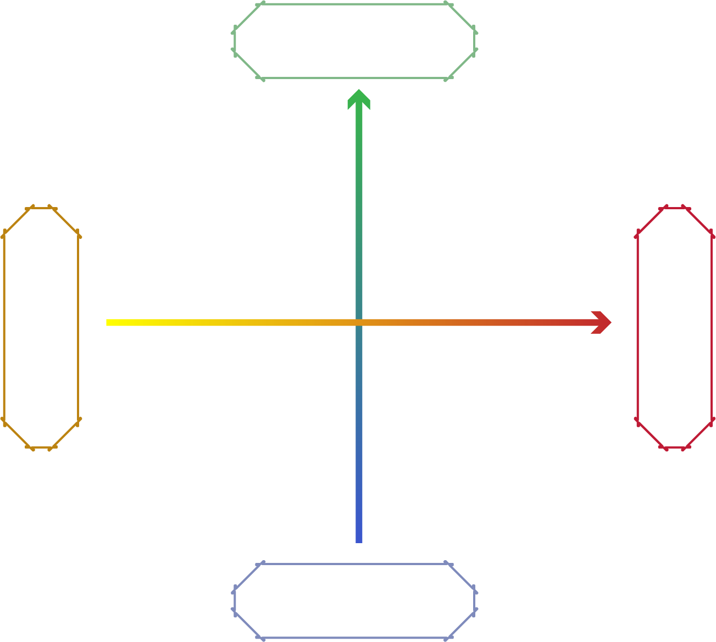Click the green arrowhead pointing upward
point(359,99)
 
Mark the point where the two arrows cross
point(359,322)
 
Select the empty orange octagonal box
point(41,328)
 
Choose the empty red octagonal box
point(675,328)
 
